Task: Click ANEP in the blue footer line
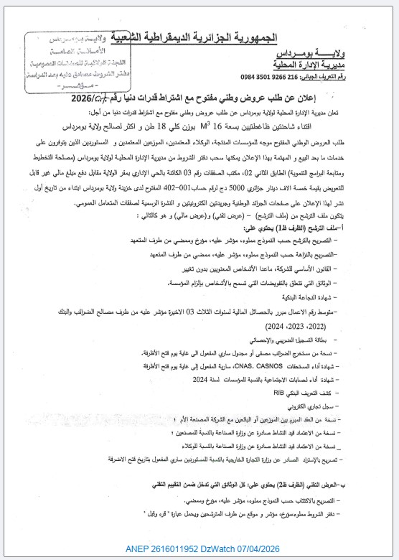147,549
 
